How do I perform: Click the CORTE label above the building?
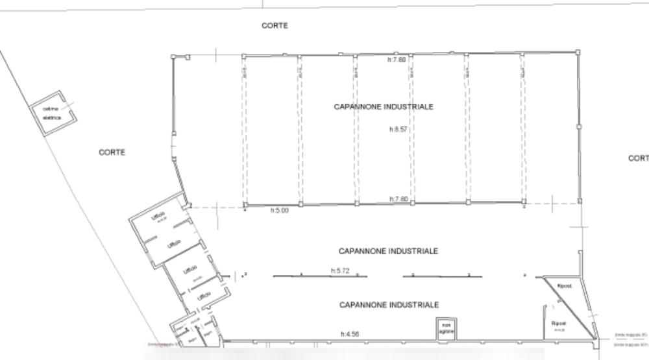pos(275,25)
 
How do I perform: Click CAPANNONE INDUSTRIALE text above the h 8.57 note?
pos(384,106)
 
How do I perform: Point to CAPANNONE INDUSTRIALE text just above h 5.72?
pos(389,250)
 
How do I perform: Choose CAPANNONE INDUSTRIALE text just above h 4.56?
pos(389,304)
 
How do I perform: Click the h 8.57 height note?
pos(397,130)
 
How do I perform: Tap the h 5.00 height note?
pos(279,210)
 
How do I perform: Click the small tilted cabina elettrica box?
pos(55,115)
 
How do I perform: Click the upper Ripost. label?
pos(565,286)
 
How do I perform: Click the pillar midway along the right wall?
pos(579,127)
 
